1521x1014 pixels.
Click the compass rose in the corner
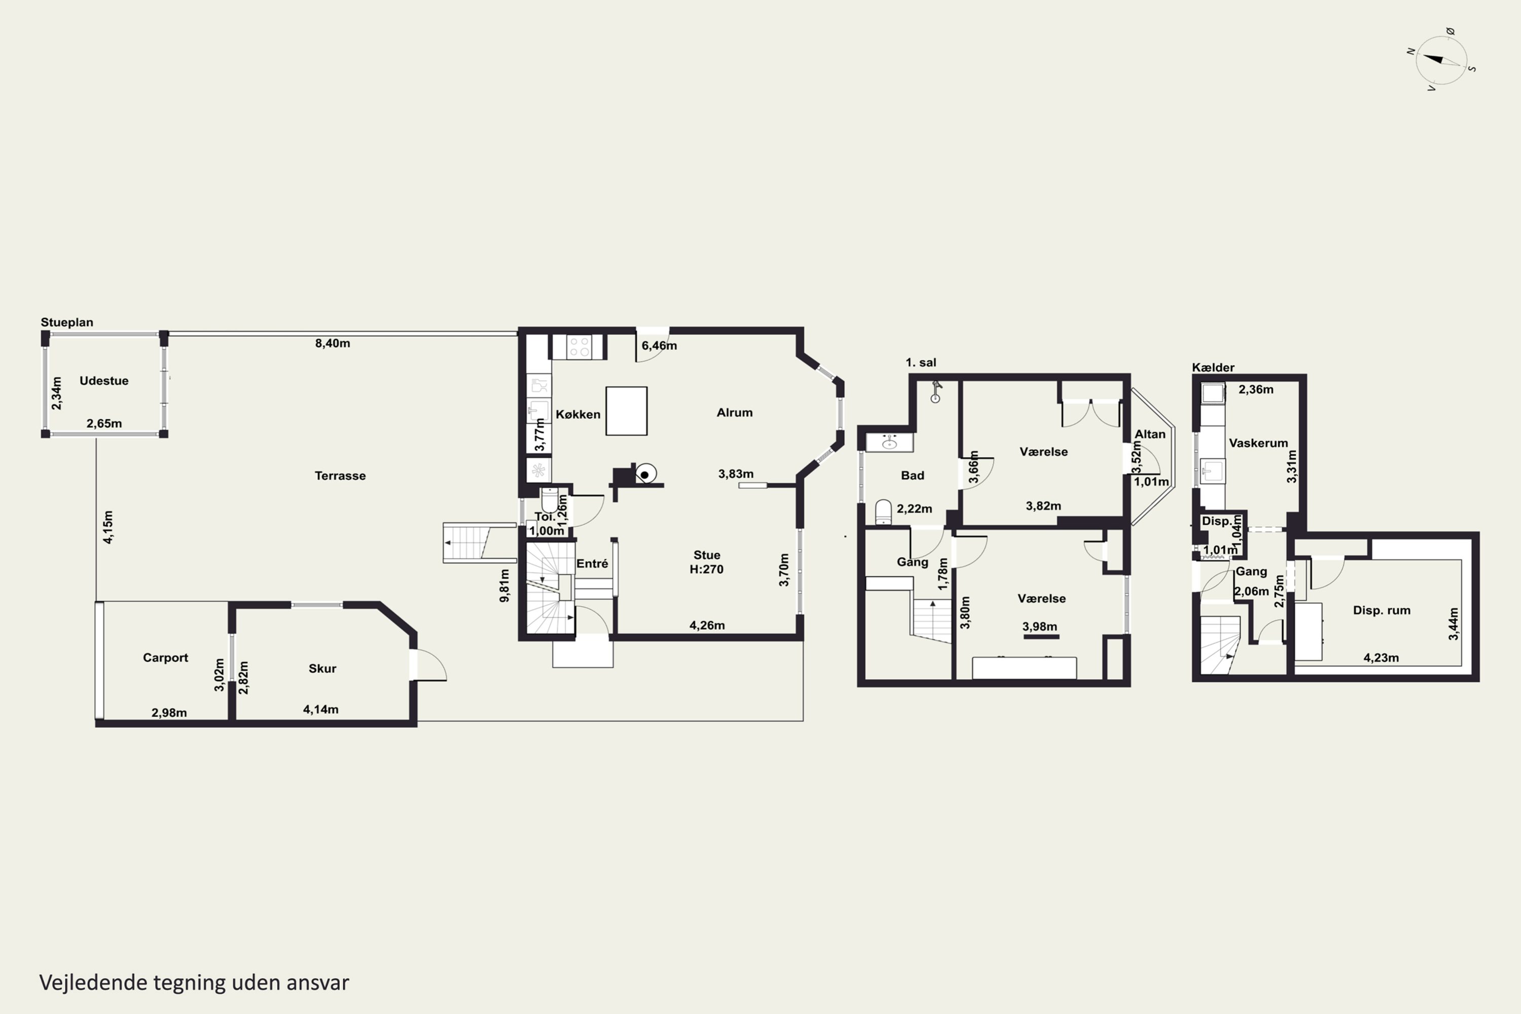click(1441, 60)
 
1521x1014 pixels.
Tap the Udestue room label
click(104, 381)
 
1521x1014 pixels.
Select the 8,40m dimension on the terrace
click(333, 343)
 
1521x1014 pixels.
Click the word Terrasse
click(340, 476)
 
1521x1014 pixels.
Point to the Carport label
click(166, 658)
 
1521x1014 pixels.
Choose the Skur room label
click(322, 669)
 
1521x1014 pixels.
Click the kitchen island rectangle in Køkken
click(626, 411)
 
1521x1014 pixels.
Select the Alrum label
click(735, 413)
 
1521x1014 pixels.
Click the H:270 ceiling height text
click(706, 570)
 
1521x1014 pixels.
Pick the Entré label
click(592, 564)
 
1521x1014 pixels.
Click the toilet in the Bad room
click(883, 512)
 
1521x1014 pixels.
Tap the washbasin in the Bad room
click(890, 442)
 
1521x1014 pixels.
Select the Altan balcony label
click(1150, 434)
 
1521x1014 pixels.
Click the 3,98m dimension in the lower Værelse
click(1040, 627)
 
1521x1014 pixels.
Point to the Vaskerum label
click(1258, 443)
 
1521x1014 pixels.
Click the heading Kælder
click(1213, 367)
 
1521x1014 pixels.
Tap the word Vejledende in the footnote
click(93, 983)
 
